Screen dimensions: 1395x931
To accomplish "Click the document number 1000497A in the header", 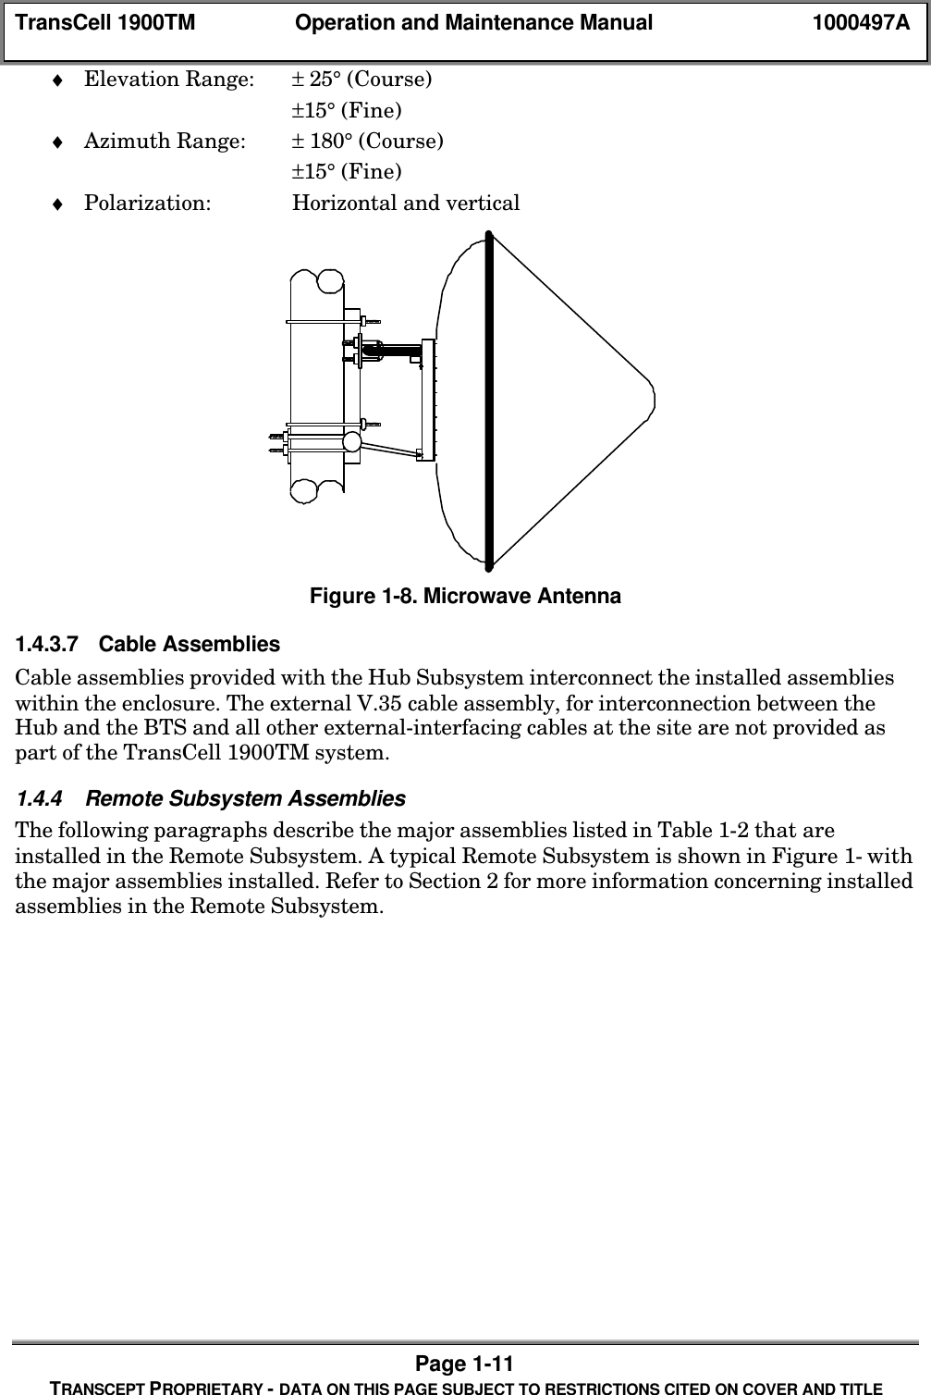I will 860,23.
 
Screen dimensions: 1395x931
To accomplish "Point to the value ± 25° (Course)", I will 361,79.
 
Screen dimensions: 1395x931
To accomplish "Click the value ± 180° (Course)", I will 367,142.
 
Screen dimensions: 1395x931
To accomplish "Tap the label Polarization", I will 147,203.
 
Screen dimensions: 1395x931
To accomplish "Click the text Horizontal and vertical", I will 406,203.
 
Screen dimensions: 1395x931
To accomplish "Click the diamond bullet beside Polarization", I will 57,204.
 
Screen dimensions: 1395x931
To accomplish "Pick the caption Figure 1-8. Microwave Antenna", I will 465,596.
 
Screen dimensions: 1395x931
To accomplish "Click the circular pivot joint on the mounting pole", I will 352,443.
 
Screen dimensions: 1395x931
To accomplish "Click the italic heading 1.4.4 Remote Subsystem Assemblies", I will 210,797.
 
